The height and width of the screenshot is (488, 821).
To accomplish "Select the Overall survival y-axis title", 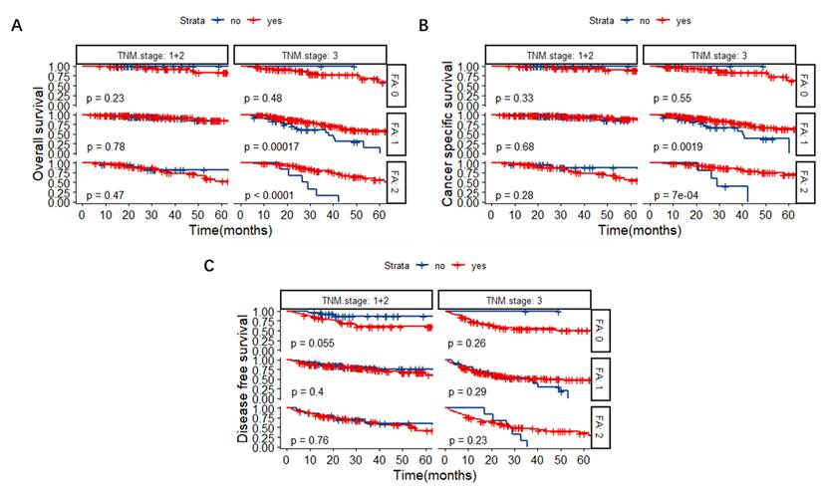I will [x=39, y=134].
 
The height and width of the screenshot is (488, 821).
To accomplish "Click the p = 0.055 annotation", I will [x=309, y=344].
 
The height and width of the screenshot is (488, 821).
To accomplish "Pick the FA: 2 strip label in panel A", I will [x=394, y=182].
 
